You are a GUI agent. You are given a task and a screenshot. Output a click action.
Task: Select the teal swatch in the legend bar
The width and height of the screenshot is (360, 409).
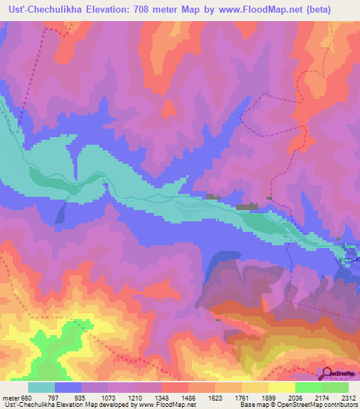click(41, 387)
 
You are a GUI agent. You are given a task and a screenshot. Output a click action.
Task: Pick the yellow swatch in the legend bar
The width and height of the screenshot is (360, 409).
click(282, 387)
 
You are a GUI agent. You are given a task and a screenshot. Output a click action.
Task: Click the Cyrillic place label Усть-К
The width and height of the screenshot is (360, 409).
click(348, 260)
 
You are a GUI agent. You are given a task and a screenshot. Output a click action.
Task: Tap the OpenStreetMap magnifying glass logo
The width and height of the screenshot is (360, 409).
click(328, 372)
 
